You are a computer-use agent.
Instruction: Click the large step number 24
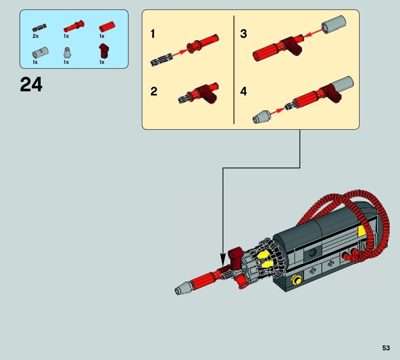[31, 85]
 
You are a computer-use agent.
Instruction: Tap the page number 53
[386, 348]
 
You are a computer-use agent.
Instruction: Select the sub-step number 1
[153, 34]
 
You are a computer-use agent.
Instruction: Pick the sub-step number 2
[154, 92]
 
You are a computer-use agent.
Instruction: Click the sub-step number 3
[243, 34]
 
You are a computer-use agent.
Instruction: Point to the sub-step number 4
[243, 92]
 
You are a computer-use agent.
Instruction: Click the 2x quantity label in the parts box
[35, 36]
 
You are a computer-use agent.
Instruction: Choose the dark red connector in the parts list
[103, 51]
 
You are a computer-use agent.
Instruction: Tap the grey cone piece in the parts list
[66, 53]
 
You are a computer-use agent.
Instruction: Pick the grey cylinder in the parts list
[40, 53]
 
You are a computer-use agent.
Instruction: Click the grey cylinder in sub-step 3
[334, 25]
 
